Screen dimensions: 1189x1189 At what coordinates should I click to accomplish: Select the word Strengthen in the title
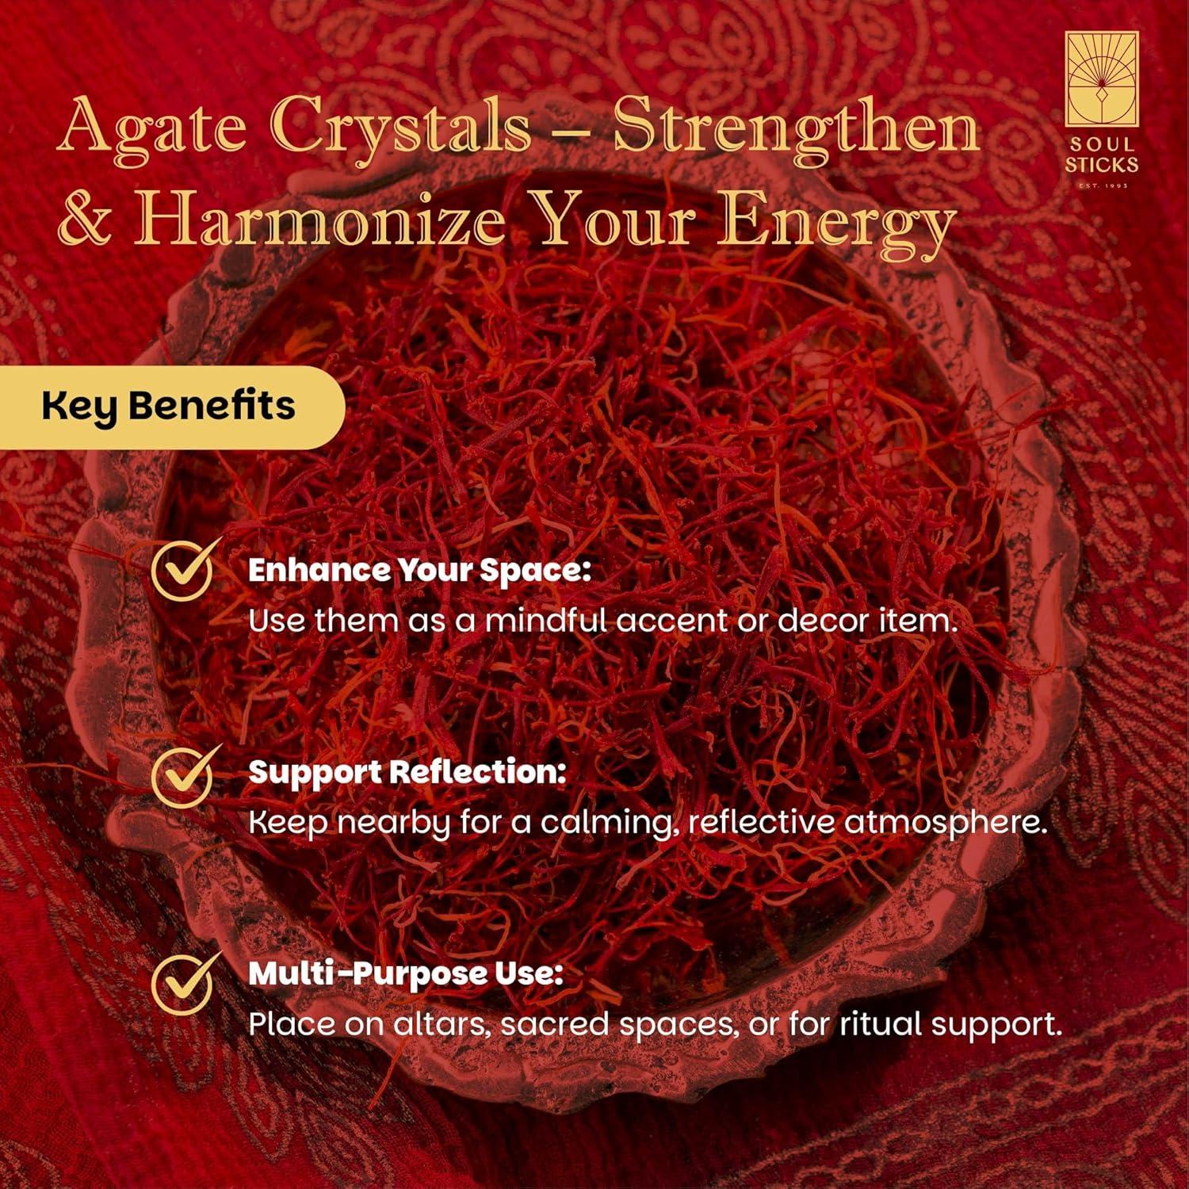(797, 128)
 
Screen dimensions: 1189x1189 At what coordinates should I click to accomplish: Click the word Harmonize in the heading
(319, 218)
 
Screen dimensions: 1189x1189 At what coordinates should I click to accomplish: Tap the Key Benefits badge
(169, 407)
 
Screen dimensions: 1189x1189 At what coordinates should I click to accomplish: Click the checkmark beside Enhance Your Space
(185, 568)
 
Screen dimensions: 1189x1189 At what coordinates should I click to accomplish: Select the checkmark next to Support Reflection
(185, 774)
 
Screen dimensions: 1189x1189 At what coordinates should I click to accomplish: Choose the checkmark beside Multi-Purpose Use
(185, 982)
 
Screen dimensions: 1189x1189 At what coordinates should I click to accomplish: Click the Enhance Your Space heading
(420, 571)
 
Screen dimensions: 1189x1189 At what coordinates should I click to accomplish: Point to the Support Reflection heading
(407, 773)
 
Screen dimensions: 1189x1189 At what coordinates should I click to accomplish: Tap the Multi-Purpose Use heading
(406, 974)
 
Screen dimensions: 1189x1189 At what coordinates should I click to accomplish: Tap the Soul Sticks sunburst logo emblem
(1101, 79)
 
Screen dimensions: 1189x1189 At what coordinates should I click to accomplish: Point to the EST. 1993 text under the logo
(1103, 185)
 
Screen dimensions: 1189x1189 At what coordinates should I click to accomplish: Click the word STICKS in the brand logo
(1101, 165)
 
